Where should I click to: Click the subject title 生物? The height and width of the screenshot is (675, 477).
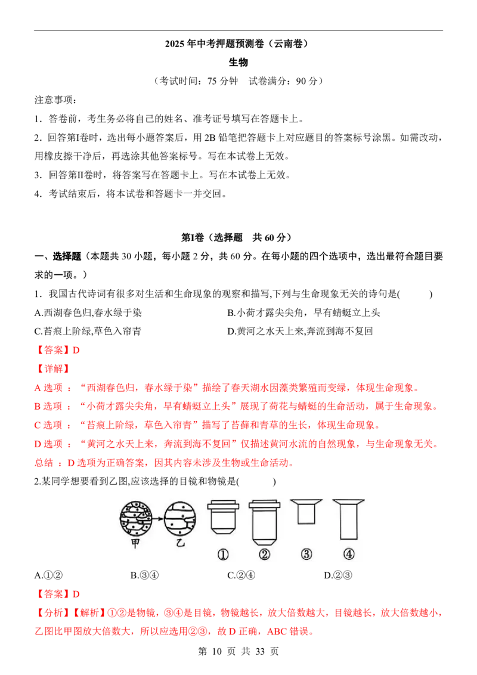point(238,63)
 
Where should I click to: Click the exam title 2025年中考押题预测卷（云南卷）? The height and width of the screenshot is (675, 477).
point(238,44)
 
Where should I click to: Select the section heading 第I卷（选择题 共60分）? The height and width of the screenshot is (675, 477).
point(238,237)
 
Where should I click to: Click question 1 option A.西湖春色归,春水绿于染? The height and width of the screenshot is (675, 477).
point(88,312)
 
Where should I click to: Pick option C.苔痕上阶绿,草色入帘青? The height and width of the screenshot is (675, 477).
point(88,331)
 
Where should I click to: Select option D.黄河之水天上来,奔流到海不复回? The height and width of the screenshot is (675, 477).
point(300,331)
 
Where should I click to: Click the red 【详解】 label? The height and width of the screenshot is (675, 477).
point(52,369)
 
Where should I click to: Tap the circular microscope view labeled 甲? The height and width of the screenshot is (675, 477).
point(135,519)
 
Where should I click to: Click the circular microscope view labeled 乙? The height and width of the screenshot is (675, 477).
point(181,519)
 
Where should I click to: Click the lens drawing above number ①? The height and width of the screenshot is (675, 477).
point(223,521)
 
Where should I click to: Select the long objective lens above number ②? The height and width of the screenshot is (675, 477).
point(264,522)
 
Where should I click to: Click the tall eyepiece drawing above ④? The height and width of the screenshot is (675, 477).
point(348,519)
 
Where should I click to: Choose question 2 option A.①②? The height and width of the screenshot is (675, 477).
point(49,575)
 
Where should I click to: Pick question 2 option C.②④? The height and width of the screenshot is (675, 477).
point(241,575)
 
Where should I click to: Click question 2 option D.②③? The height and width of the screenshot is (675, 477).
point(338,575)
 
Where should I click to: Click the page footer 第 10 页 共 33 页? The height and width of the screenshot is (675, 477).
point(238,651)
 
